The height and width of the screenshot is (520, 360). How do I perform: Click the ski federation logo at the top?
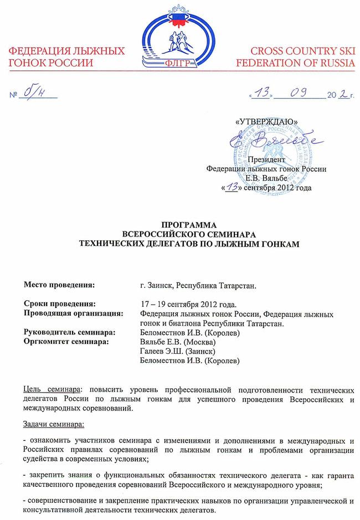point(179,39)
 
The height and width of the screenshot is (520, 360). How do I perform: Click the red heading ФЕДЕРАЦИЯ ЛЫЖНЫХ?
point(66,51)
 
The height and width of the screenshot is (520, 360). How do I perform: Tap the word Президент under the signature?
point(266,160)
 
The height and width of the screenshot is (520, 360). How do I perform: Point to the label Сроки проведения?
point(60,303)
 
